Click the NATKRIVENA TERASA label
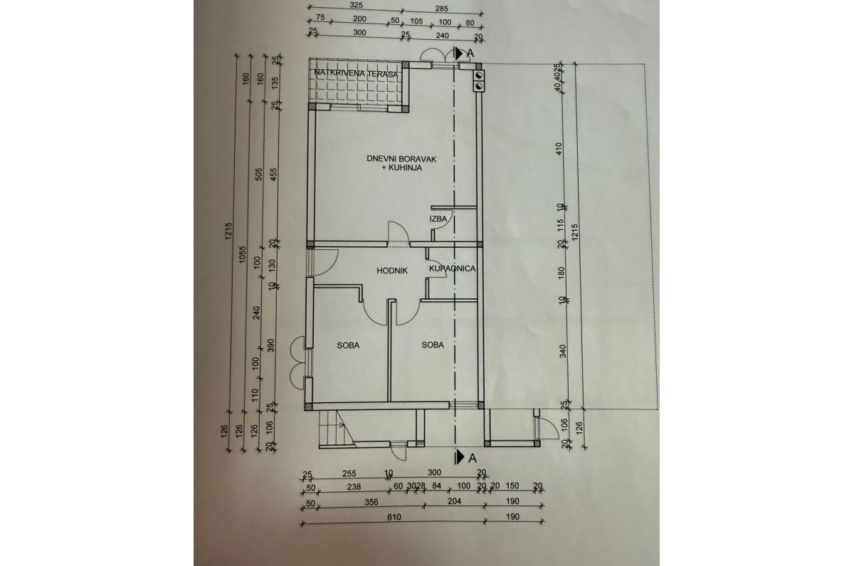354,73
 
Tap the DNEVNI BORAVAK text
395,159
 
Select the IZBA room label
438,219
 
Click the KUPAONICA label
451,269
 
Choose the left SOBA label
348,345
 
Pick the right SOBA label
432,345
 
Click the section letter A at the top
470,53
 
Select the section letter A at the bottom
471,457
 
